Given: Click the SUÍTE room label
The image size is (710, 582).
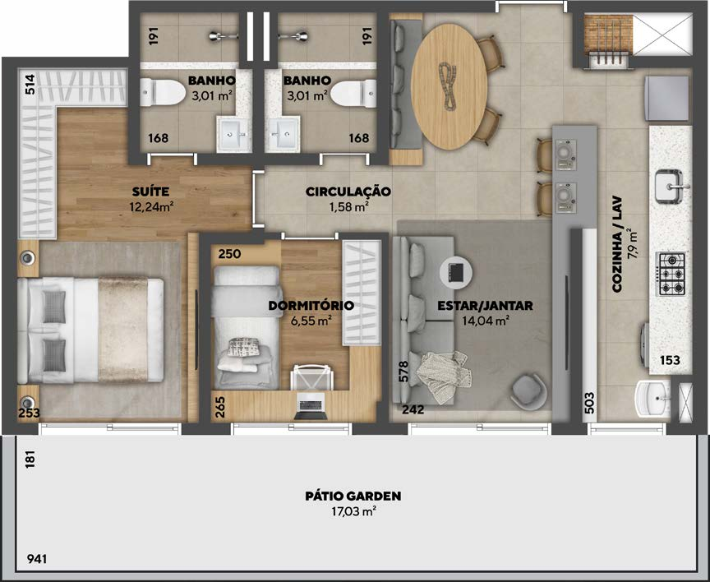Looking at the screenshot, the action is pos(150,192).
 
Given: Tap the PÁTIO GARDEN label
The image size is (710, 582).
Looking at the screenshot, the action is pos(353,496).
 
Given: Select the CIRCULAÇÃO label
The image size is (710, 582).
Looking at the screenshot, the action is pos(348,192).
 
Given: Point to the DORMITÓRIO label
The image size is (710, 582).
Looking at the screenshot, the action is pos(311,305).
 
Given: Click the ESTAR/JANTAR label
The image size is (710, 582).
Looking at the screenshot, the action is pos(485,306).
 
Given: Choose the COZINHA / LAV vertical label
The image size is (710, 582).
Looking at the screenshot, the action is pos(617,244).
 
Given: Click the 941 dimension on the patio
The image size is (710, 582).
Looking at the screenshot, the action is pos(37,559).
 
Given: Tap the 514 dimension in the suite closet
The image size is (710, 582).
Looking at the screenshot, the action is pos(30,84).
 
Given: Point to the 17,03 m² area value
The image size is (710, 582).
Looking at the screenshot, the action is pos(353,512).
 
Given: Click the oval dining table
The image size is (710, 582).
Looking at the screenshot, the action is pos(450,86).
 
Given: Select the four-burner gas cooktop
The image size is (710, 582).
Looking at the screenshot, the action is pos(671,274).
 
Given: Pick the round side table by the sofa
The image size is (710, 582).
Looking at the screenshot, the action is pos(456,272).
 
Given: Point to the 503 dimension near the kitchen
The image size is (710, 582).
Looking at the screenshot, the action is pos(589,402).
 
